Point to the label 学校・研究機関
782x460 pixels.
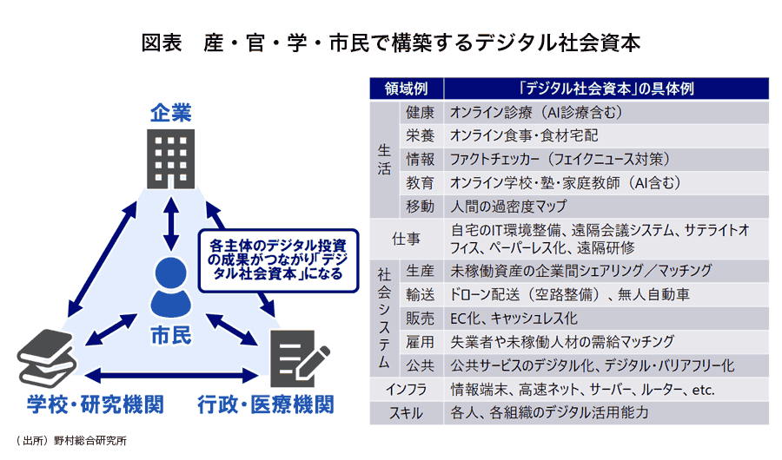coord(83,405)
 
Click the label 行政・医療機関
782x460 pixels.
coord(264,405)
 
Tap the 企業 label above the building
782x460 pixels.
coord(170,114)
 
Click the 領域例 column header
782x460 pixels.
coord(406,89)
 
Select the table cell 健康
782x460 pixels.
coord(420,113)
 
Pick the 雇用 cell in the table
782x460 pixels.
coord(420,341)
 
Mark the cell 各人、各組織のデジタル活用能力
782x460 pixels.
coord(549,412)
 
